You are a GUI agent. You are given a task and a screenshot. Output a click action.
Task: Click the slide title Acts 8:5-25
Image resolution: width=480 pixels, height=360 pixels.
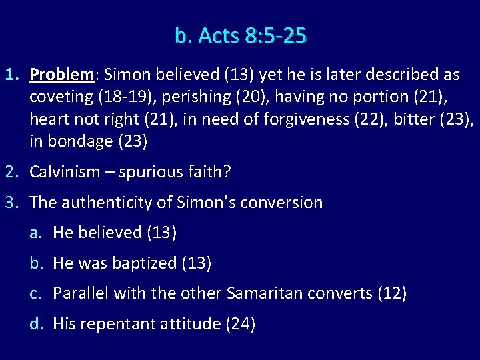coord(241,35)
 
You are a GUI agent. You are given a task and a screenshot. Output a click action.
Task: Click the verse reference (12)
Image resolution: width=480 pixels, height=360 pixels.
coord(392,293)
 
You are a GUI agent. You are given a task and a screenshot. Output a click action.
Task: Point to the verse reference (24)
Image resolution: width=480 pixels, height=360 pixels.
coord(241,324)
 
